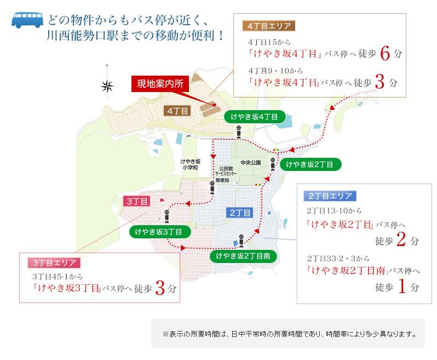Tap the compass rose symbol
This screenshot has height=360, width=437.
click(107, 85)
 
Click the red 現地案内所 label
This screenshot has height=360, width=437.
click(160, 84)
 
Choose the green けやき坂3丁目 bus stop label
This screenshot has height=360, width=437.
click(159, 232)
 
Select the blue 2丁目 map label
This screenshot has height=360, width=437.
click(239, 212)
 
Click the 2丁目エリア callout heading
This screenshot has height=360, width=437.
click(330, 196)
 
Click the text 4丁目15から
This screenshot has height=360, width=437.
click(269, 42)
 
